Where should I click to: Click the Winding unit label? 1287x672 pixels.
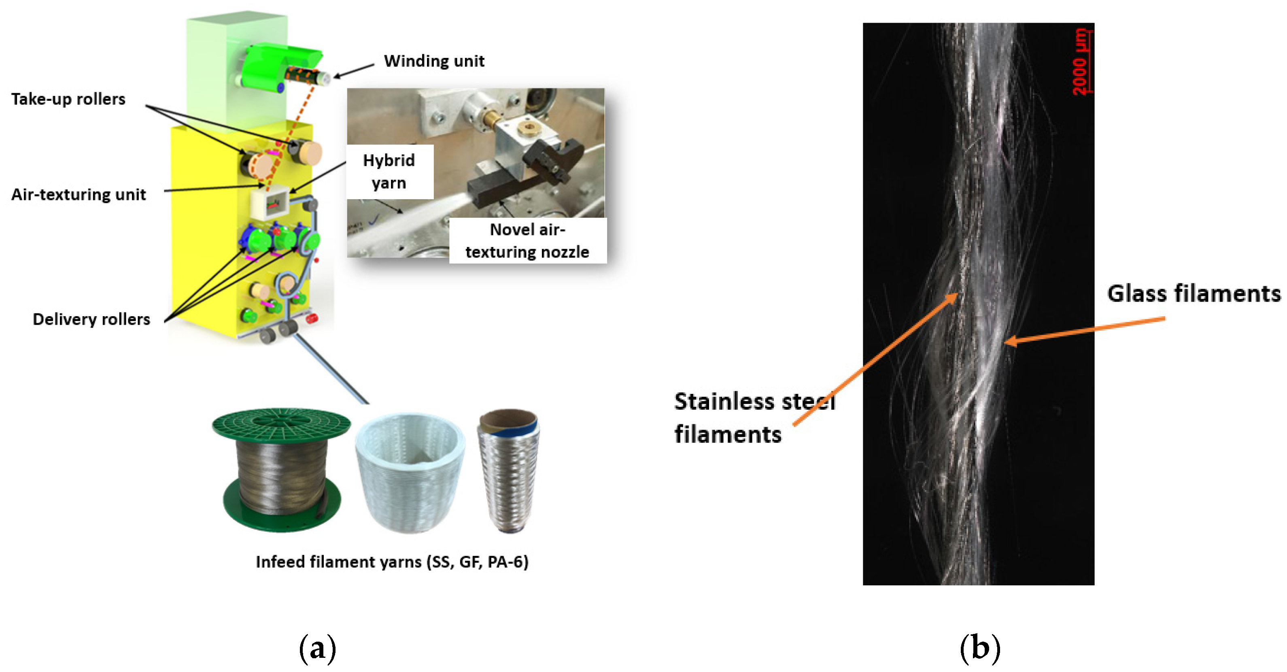[x=434, y=61]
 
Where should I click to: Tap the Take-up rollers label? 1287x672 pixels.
[x=68, y=99]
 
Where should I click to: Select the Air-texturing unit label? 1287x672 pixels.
[x=79, y=194]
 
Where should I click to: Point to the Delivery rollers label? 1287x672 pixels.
[x=91, y=319]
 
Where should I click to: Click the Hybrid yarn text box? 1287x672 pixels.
[x=389, y=171]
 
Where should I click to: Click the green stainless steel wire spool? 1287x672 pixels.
[x=281, y=470]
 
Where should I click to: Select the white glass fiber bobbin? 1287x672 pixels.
[x=410, y=472]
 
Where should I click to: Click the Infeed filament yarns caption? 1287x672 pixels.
[x=392, y=561]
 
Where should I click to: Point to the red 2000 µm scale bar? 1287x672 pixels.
[x=1082, y=62]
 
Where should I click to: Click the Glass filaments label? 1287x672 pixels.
[x=1193, y=293]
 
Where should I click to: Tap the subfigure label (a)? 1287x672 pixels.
[x=317, y=648]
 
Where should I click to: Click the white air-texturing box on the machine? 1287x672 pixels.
[x=270, y=203]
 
